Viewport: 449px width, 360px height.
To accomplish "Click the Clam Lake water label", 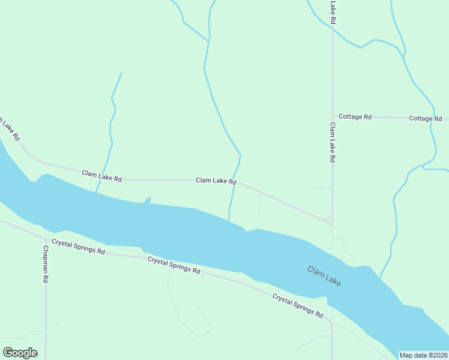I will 324,276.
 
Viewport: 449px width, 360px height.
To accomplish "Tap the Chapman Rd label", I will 45,264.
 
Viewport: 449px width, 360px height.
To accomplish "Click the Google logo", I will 20,353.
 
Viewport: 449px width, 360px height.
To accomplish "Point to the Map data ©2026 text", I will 423,355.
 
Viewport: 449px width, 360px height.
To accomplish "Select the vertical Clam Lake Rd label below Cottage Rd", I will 332,143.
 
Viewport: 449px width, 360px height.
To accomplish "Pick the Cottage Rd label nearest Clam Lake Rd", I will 355,116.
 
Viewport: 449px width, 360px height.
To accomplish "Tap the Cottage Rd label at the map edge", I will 426,118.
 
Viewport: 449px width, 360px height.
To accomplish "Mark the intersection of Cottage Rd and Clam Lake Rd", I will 333,116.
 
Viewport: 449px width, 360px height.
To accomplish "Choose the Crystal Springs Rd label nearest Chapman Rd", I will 79,247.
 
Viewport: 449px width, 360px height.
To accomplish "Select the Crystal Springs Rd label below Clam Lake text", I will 298,305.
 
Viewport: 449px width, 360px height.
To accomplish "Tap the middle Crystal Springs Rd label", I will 174,265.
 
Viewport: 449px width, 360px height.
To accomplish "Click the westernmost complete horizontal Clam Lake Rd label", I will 102,175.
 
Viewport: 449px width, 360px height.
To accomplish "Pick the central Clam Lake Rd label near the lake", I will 216,181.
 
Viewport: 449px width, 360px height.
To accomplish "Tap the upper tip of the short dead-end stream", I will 121,74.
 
